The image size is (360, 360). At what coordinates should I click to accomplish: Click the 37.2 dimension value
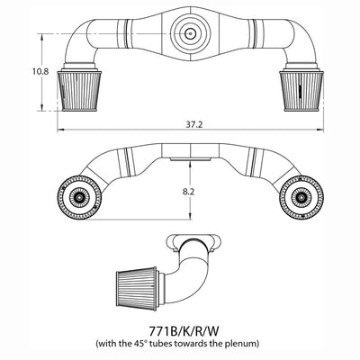(x=188, y=121)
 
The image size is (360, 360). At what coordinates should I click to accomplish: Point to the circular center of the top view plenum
(x=190, y=32)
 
